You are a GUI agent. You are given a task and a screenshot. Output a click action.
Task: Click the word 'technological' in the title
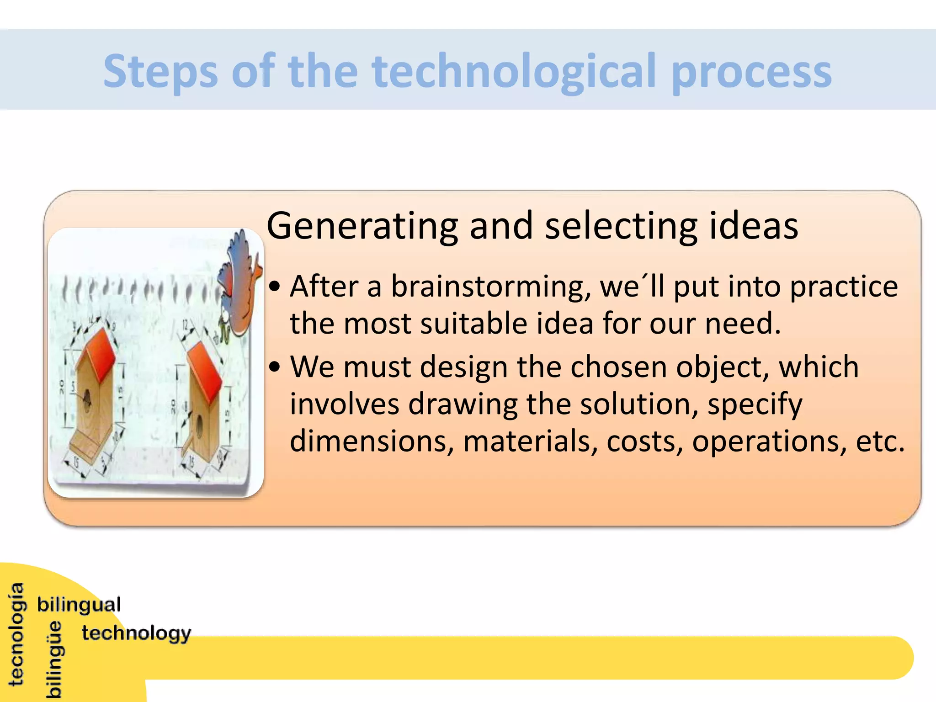(514, 71)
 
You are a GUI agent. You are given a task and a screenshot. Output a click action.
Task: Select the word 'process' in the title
(752, 73)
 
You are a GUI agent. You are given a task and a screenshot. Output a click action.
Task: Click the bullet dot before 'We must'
(274, 367)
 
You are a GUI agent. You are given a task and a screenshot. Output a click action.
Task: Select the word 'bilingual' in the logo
(79, 605)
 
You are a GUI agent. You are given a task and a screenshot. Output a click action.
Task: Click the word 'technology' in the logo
(136, 633)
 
